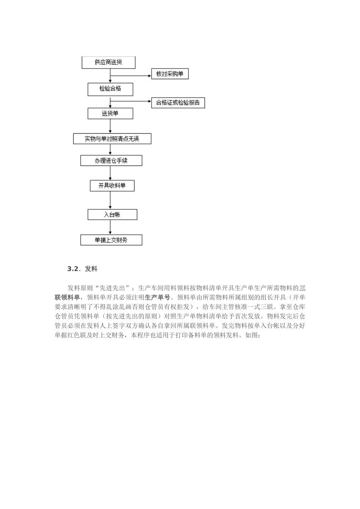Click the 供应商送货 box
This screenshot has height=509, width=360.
coord(108,62)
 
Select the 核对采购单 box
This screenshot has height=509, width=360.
coord(169,74)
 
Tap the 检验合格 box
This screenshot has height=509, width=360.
coord(110,89)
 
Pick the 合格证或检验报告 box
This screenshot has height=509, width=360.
coord(178,103)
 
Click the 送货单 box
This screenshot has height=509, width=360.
coord(110,114)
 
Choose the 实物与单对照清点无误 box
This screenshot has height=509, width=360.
coord(112,139)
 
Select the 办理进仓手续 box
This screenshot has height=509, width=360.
coord(111,161)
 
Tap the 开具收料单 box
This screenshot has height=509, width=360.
coord(112,186)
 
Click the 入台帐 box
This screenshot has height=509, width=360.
coord(112,215)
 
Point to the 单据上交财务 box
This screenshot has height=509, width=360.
coord(111,240)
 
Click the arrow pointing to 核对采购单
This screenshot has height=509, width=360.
coord(131,75)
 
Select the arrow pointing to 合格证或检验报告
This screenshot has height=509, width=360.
coord(131,101)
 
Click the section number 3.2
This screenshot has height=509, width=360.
coord(74,269)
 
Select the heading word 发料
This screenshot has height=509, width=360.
coord(91,269)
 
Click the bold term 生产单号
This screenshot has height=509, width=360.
coord(157,297)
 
